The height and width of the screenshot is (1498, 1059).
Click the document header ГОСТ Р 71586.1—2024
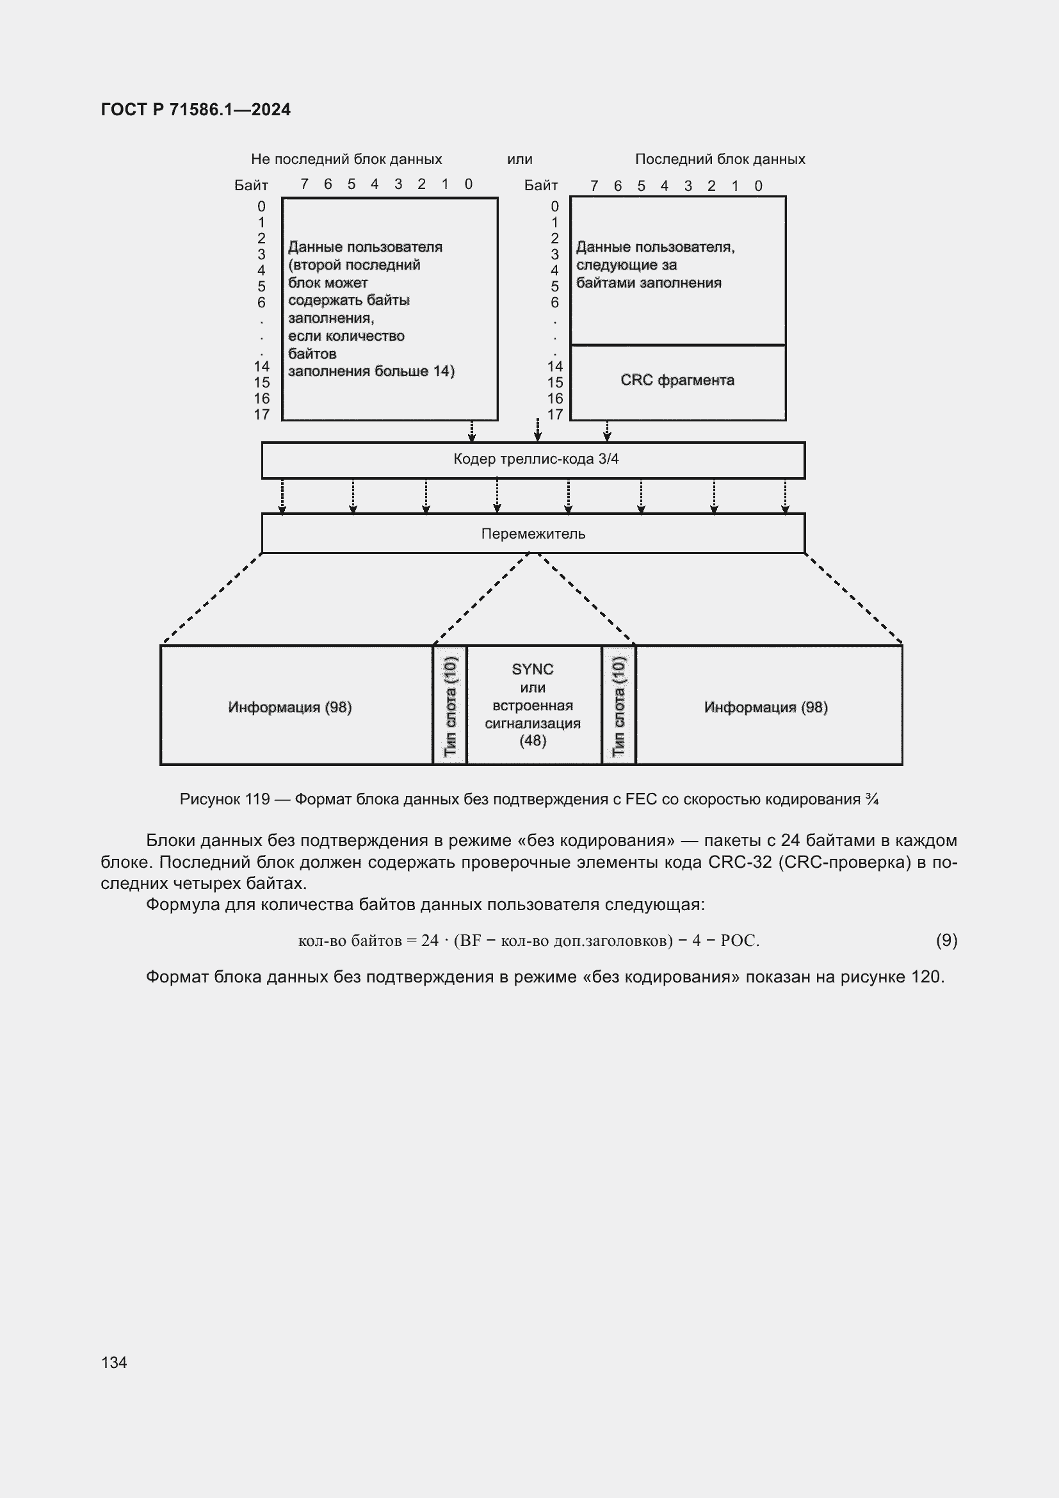(x=196, y=110)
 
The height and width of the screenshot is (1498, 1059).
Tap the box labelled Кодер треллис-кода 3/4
(x=533, y=460)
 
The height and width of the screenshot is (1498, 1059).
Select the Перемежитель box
(x=533, y=533)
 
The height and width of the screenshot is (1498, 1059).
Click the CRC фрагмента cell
(x=677, y=381)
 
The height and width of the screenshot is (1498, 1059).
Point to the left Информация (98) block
(x=289, y=707)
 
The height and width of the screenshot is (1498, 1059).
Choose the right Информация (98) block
(x=766, y=707)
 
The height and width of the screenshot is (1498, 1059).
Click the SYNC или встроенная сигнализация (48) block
(x=533, y=704)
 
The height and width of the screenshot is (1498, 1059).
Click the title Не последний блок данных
(x=346, y=159)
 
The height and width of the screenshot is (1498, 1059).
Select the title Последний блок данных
(x=720, y=159)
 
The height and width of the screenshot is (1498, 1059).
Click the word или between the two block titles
(x=520, y=159)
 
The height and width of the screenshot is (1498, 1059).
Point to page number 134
(x=114, y=1362)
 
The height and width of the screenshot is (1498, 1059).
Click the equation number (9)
(x=946, y=940)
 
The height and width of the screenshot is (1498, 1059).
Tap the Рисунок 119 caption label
(x=224, y=799)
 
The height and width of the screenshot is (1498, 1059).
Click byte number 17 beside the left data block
(x=261, y=415)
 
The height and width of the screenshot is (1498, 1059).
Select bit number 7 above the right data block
(x=594, y=186)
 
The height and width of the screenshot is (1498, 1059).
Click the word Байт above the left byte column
(x=251, y=185)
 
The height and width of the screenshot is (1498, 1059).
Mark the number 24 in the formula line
(x=430, y=940)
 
